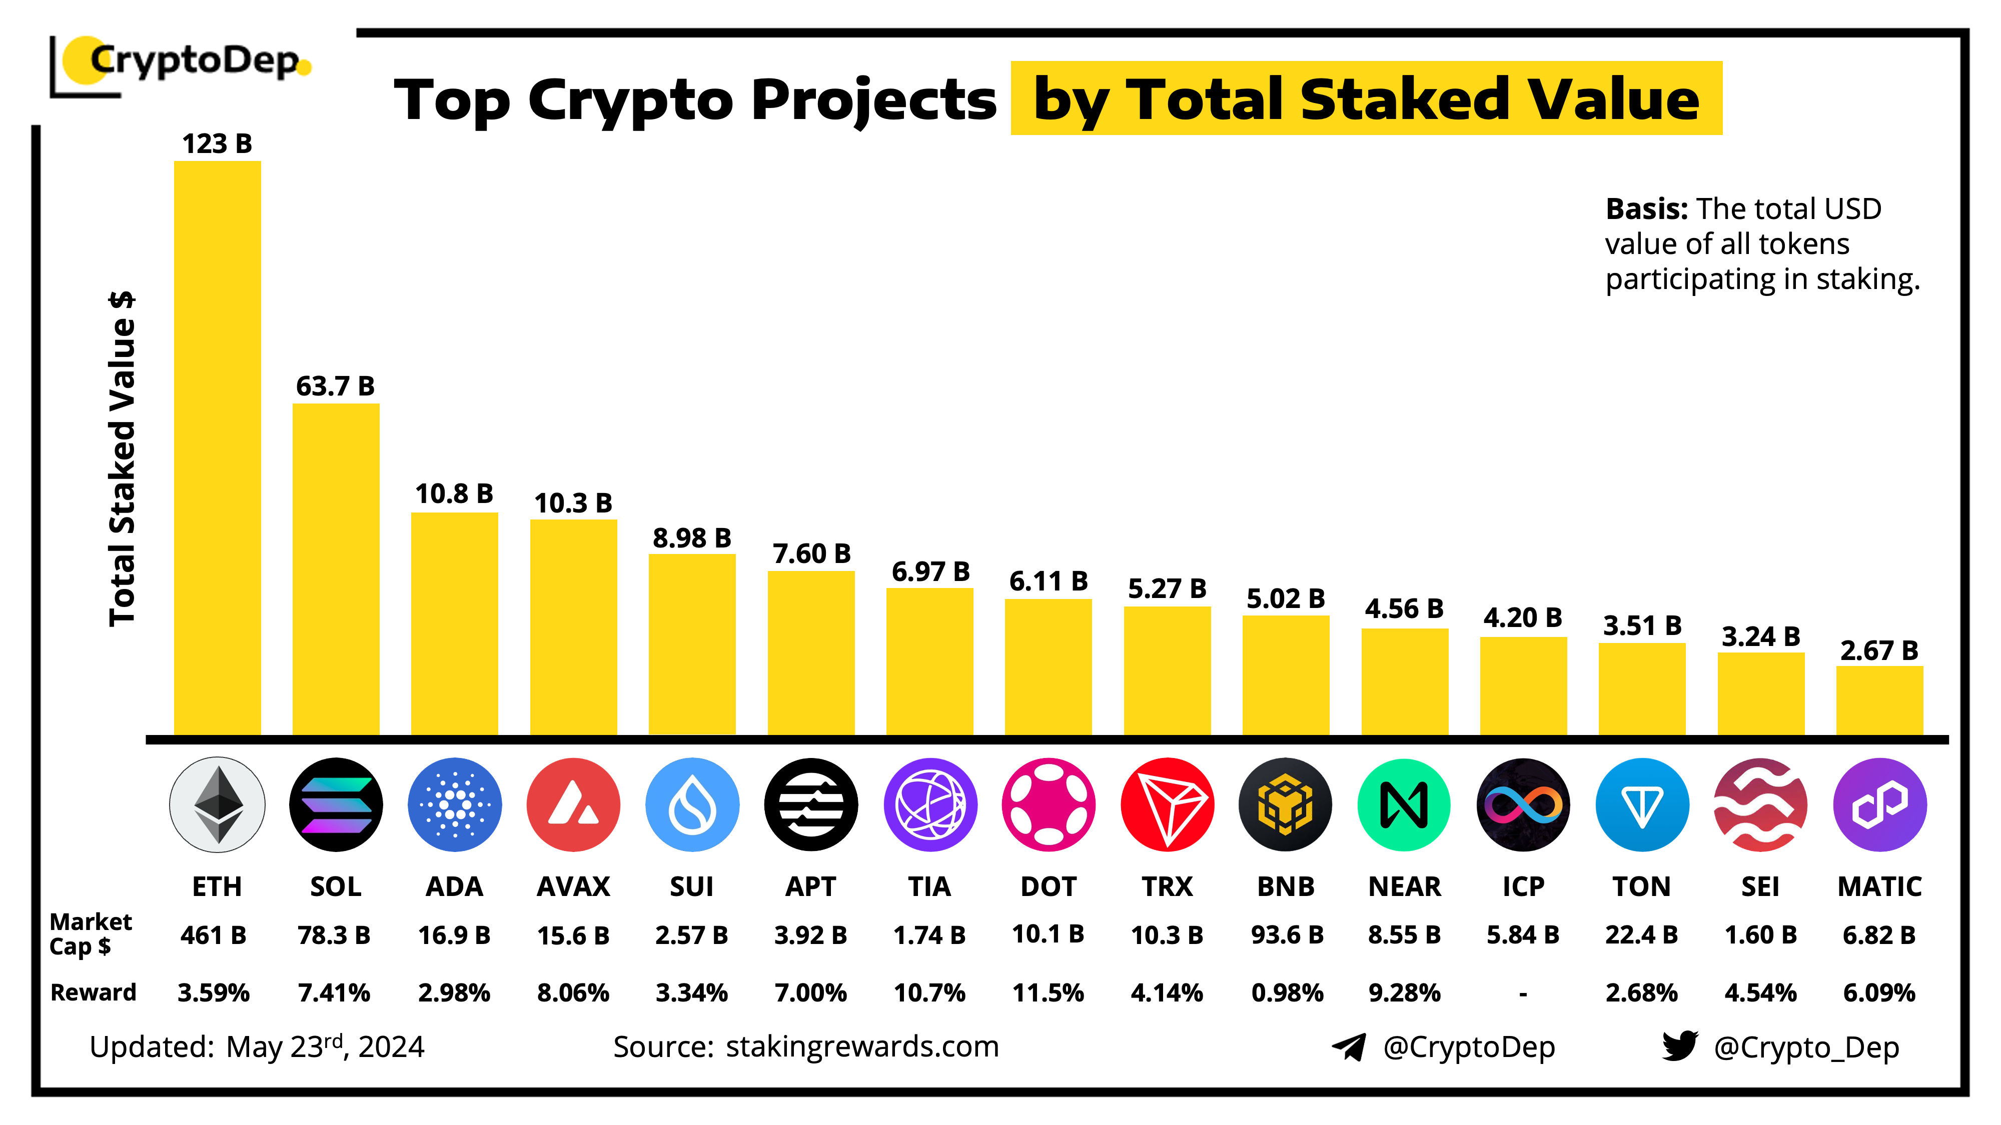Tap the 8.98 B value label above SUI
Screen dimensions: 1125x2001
click(691, 537)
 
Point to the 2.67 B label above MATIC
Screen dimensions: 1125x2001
click(1879, 650)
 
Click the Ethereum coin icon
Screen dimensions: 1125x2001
click(217, 804)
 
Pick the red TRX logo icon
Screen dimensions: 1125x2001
click(1167, 804)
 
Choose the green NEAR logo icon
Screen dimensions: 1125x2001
click(1404, 804)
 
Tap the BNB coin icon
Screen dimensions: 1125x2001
click(1286, 804)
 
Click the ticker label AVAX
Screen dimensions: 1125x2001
click(573, 886)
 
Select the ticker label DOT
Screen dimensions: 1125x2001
click(1048, 886)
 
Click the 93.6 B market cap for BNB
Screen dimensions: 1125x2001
click(1286, 935)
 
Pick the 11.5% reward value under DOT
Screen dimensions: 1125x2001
click(1048, 992)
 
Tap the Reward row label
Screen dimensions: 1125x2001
click(93, 992)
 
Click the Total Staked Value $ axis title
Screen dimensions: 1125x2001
click(122, 458)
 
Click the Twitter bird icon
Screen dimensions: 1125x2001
click(1679, 1046)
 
